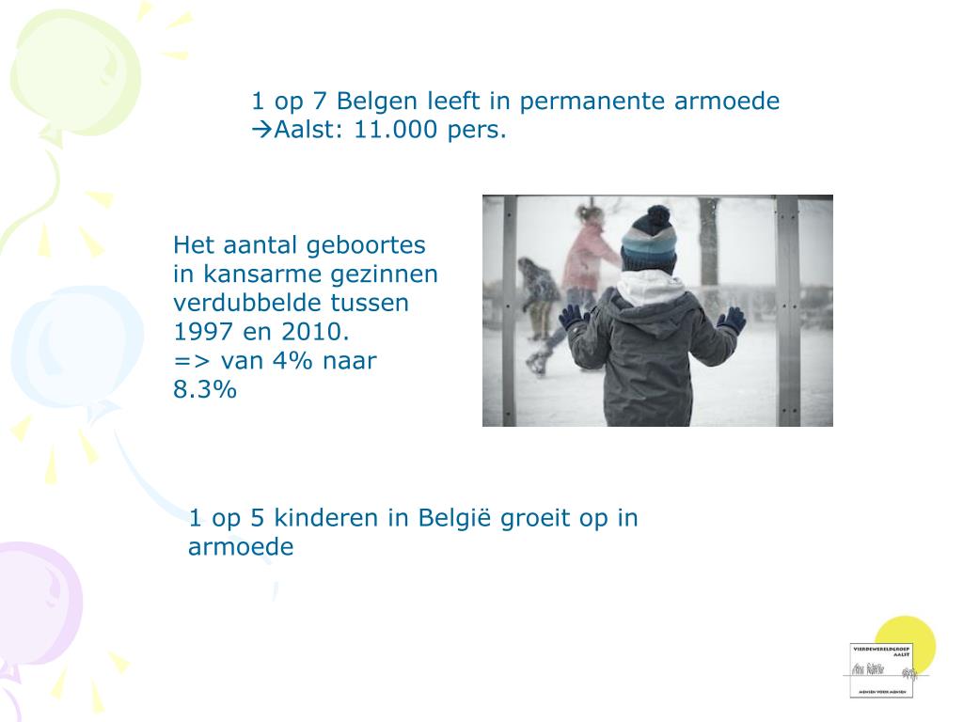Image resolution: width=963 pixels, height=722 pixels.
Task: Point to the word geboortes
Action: [x=375, y=246]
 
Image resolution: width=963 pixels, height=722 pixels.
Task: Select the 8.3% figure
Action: [x=205, y=390]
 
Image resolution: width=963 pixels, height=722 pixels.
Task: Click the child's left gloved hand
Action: [x=571, y=317]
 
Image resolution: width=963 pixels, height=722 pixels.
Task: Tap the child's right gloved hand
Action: [x=731, y=320]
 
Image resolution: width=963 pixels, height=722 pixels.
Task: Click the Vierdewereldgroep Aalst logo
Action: [x=880, y=669]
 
